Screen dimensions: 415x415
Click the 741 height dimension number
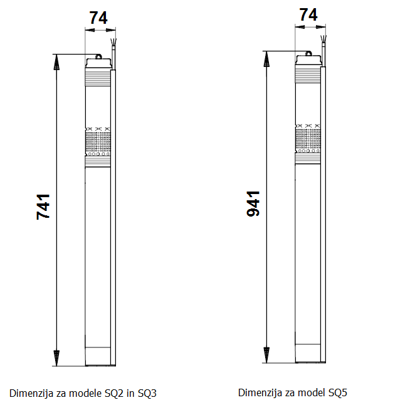(43, 206)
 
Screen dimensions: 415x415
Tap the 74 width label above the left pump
(98, 18)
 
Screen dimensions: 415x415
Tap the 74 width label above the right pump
(309, 15)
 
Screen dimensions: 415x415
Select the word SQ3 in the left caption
(145, 393)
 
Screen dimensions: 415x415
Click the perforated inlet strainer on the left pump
(98, 143)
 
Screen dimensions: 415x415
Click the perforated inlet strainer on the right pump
(309, 139)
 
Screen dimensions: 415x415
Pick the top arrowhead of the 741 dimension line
(56, 61)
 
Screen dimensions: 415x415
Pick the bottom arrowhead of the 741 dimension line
(56, 359)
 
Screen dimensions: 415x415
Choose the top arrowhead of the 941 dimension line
(267, 58)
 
